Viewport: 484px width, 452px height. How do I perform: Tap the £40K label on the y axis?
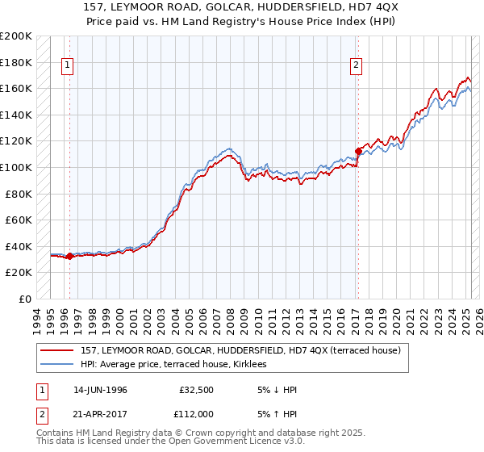point(19,246)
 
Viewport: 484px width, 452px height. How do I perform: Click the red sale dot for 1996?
point(69,257)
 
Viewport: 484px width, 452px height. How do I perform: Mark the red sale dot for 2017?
point(358,149)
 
